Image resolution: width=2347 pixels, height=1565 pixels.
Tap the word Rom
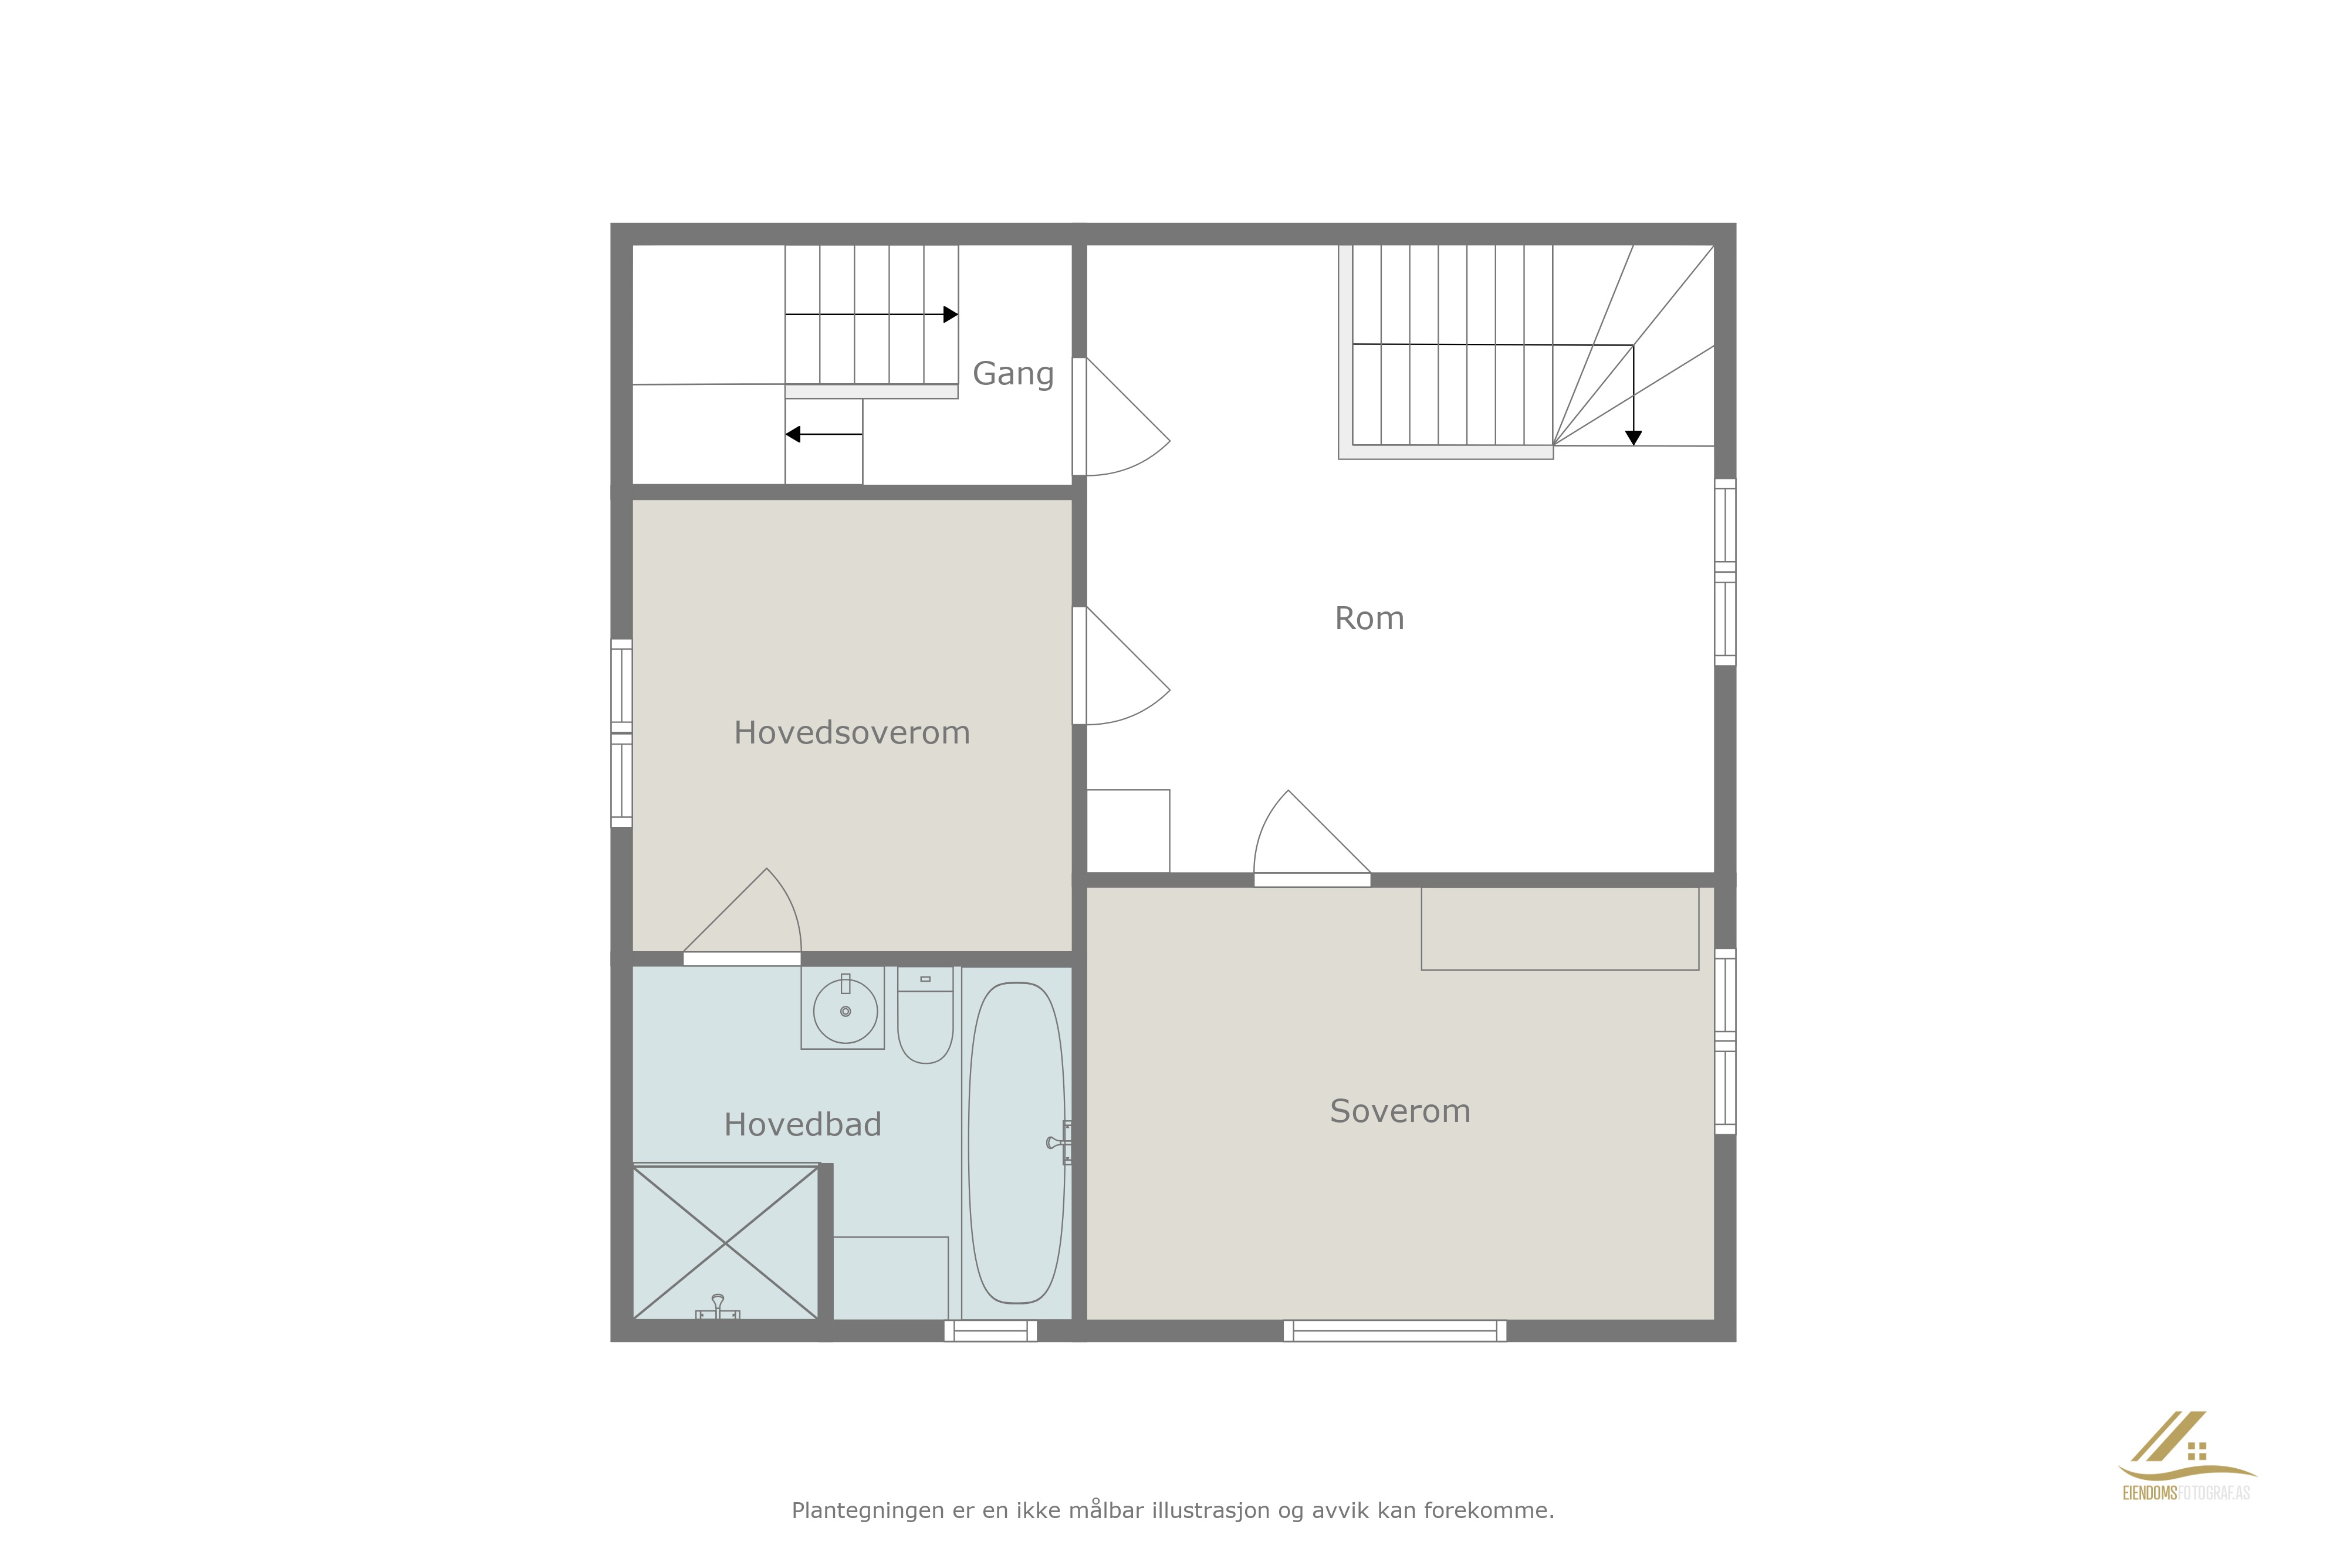[1369, 619]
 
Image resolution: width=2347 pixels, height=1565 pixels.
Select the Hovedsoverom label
[851, 732]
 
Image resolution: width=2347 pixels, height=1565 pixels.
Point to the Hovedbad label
[802, 1125]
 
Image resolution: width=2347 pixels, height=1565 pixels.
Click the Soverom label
[1400, 1111]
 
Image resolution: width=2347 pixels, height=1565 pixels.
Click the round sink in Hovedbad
[845, 1011]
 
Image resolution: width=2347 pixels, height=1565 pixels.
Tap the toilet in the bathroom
[925, 1014]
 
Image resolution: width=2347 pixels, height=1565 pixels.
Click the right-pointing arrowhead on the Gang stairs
[951, 315]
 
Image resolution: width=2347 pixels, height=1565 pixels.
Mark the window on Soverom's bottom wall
[1395, 1330]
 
